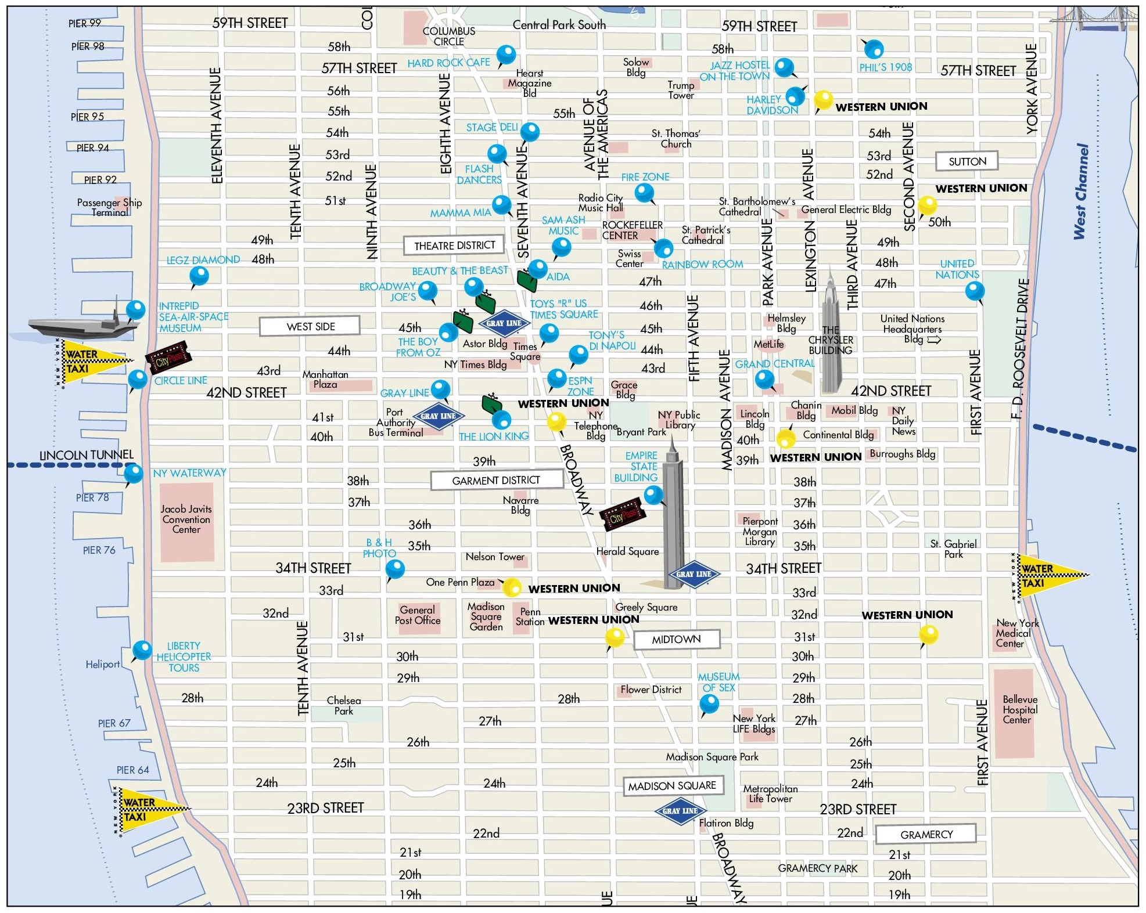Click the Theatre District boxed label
pyautogui.click(x=454, y=246)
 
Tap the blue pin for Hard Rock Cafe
pyautogui.click(x=506, y=55)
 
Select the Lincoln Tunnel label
pyautogui.click(x=86, y=455)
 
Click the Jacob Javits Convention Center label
pyautogui.click(x=186, y=519)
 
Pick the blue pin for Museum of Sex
pyautogui.click(x=709, y=703)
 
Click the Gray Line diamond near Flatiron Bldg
pyautogui.click(x=680, y=811)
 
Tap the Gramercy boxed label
pyautogui.click(x=926, y=834)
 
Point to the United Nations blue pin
pyautogui.click(x=975, y=290)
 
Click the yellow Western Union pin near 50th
pyautogui.click(x=927, y=205)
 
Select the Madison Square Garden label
pyautogui.click(x=486, y=616)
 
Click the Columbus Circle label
pyautogui.click(x=448, y=36)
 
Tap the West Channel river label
pyautogui.click(x=1080, y=192)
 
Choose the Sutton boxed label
pyautogui.click(x=967, y=161)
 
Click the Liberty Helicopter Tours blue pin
pyautogui.click(x=142, y=649)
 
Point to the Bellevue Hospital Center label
pyautogui.click(x=1019, y=709)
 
